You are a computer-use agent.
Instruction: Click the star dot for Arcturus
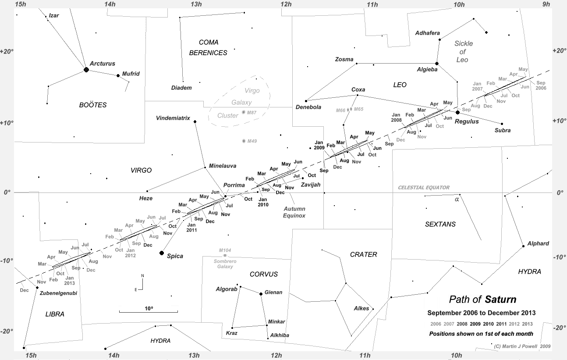86,69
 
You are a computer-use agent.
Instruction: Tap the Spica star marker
162,253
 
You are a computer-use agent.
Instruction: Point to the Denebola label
308,107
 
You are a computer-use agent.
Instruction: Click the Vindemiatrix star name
173,118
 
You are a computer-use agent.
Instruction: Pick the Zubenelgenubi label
58,293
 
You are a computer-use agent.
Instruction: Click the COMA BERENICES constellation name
208,48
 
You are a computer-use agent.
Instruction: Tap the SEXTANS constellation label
440,224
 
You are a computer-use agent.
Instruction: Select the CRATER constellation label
363,254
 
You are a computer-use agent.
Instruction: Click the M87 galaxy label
252,113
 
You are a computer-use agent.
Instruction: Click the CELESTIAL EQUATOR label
423,188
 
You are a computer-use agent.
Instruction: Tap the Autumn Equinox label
294,212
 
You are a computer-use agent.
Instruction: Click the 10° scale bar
149,312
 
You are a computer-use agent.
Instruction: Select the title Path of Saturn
482,299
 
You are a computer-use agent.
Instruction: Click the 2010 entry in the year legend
488,324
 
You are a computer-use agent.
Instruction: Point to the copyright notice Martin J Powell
522,346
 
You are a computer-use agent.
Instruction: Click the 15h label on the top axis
21,4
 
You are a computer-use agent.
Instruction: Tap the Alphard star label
538,243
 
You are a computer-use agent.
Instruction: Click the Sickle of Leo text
463,52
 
